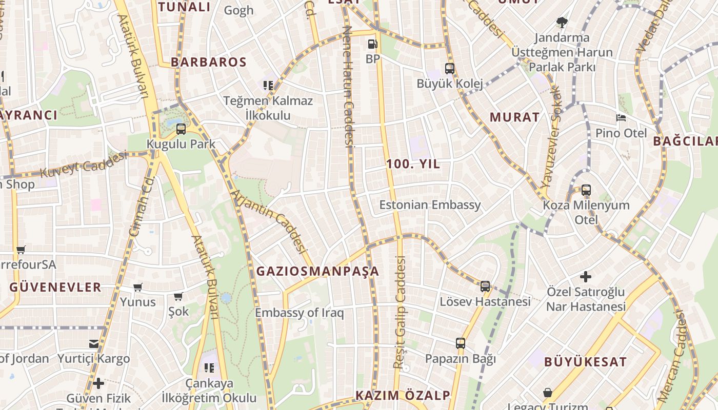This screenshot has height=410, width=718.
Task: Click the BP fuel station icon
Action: tap(373, 44)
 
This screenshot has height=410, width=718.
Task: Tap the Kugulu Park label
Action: tap(181, 144)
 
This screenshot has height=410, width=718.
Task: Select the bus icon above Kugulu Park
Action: tap(181, 129)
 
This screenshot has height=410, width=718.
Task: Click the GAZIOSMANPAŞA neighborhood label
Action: tap(317, 271)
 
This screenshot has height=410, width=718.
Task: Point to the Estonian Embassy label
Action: tap(430, 205)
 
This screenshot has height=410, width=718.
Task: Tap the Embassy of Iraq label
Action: tap(300, 313)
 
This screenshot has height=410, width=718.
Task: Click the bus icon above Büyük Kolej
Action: tap(450, 68)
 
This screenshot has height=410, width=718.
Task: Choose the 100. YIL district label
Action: tap(413, 164)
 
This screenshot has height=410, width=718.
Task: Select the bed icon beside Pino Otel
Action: tap(621, 117)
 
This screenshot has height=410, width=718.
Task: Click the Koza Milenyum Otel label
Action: tap(586, 212)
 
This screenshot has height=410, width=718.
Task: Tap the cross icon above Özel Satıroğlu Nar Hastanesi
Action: tap(585, 277)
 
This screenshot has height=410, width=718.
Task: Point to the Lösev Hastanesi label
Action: tap(485, 301)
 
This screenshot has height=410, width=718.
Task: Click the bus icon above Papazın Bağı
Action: tap(461, 343)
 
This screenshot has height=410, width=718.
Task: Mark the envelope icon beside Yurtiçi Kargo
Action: tap(94, 343)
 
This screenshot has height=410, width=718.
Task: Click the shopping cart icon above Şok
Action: tap(178, 297)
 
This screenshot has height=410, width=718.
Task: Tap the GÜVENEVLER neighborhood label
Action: tap(55, 287)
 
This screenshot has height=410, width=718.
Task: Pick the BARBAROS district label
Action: tap(209, 62)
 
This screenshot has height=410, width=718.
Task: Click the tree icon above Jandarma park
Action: tap(562, 22)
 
